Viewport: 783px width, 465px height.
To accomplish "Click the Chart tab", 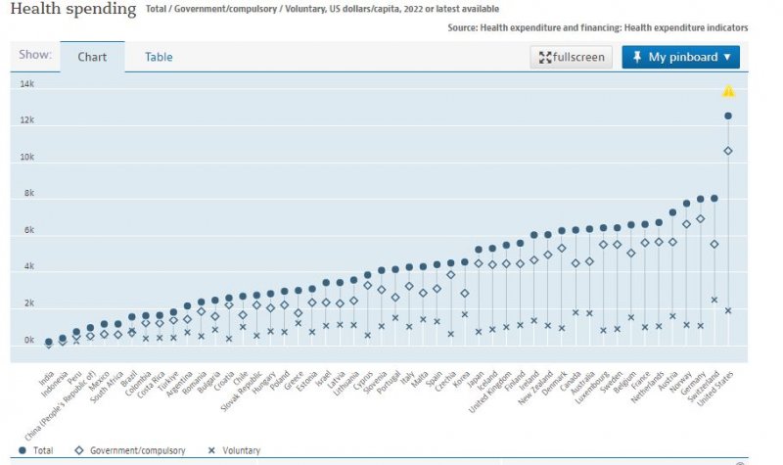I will click(x=92, y=57).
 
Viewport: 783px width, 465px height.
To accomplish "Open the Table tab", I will click(x=159, y=57).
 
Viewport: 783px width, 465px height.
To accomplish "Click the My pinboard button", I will click(x=680, y=57).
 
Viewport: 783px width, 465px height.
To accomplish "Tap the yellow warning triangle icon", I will click(x=728, y=92).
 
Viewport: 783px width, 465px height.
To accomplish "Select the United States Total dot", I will click(x=728, y=116).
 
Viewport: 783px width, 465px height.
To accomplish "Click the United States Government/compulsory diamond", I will click(x=728, y=151).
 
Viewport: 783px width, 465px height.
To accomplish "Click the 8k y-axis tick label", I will click(x=28, y=194).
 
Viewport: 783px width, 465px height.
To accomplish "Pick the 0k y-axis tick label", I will click(x=28, y=341).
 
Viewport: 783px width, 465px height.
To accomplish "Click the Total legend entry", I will click(x=36, y=450).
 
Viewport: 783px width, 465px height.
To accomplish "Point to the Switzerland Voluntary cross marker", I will click(x=714, y=300).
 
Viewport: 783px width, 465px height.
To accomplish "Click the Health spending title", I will click(x=73, y=9).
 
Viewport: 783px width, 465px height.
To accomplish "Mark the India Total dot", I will click(x=49, y=343).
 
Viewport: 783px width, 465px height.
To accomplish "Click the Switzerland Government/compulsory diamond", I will click(x=714, y=244).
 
